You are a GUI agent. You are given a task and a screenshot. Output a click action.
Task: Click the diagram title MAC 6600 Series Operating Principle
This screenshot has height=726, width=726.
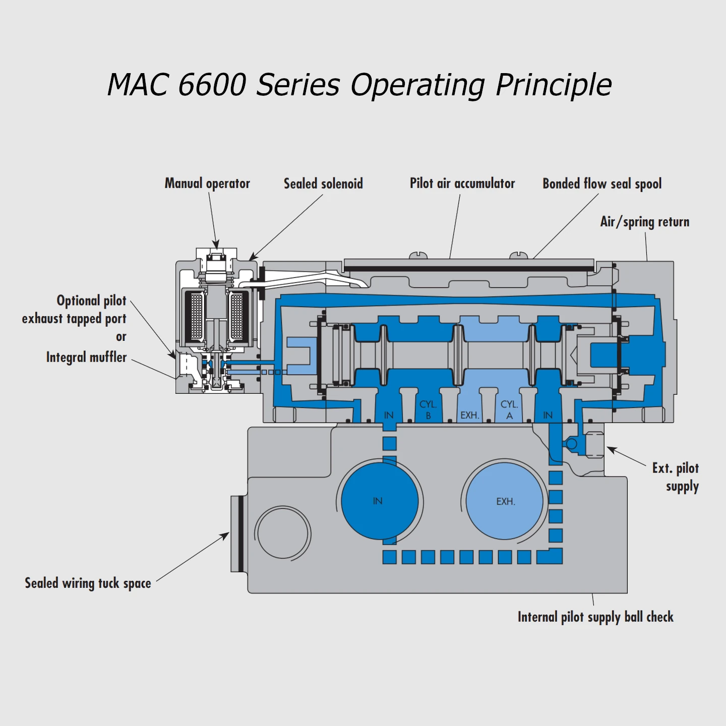point(359,85)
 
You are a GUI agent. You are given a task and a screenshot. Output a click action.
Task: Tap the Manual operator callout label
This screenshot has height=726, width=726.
point(207,184)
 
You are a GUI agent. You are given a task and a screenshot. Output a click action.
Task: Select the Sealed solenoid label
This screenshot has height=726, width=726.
point(323,184)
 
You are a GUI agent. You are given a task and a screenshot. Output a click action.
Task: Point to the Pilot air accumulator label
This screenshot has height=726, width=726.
point(462,184)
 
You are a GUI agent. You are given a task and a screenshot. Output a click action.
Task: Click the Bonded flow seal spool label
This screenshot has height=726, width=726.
point(602,184)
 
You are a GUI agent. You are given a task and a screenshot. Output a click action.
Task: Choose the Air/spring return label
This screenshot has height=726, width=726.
point(644,222)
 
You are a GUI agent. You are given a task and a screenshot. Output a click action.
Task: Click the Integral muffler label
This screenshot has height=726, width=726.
point(86,357)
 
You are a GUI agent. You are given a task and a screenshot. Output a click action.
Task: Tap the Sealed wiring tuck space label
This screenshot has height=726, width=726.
point(88,583)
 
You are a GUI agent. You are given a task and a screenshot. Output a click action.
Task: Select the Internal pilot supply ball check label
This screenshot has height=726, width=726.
point(595,617)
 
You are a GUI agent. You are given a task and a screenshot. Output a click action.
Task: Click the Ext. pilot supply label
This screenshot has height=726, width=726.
point(676,477)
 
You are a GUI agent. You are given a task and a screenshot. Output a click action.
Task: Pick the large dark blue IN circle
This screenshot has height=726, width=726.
point(379,501)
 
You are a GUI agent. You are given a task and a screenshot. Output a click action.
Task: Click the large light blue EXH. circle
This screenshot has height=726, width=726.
point(505,501)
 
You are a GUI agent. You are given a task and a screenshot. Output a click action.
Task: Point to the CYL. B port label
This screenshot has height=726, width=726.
point(428,410)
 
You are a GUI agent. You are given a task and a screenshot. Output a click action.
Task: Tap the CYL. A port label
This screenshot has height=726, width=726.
point(509,410)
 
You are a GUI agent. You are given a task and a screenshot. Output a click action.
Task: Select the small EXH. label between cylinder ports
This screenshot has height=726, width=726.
point(469,415)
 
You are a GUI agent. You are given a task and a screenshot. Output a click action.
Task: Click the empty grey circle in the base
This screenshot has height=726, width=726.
point(283,533)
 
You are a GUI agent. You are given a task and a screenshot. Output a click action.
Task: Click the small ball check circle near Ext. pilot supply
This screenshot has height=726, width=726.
point(571,444)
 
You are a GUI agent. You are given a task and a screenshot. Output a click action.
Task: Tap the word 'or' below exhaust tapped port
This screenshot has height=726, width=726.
point(121,337)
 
